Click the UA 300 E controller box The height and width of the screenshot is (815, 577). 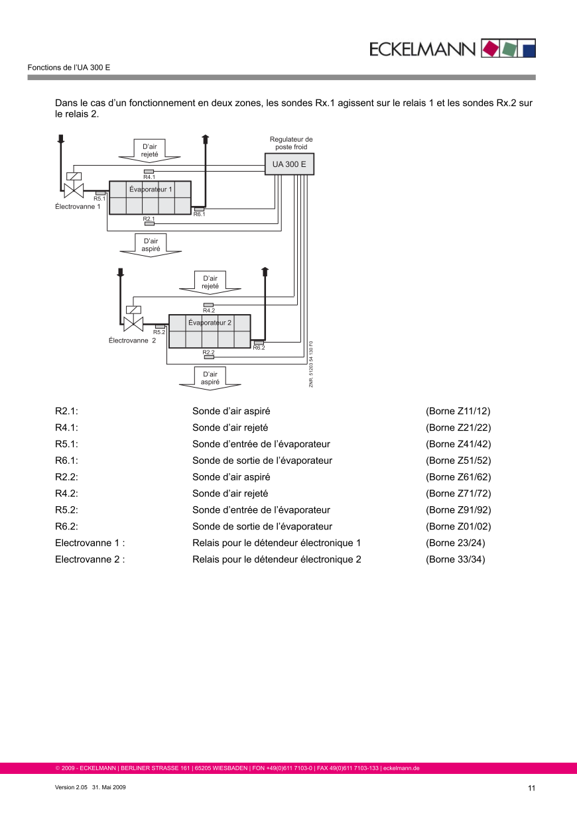point(289,164)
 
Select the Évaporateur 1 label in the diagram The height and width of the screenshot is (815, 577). point(151,190)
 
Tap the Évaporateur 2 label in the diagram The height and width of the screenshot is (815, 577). point(210,323)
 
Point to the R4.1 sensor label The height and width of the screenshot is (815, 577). point(149,177)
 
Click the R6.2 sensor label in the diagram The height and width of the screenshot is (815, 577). point(259,348)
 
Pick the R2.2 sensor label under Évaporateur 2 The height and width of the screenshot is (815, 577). point(208,353)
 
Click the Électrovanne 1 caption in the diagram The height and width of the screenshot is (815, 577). point(78,207)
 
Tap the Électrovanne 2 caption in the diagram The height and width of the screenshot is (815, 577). point(132,341)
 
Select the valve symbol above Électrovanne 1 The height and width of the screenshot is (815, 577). point(72,190)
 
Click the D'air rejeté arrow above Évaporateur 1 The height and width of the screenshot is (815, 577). point(149,150)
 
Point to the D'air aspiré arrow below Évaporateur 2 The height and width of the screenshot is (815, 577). point(210,378)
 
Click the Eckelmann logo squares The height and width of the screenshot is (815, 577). point(508,48)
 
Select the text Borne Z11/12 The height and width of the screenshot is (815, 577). point(458,411)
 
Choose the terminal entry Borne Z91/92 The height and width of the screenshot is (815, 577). point(458,510)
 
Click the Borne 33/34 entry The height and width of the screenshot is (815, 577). point(456,559)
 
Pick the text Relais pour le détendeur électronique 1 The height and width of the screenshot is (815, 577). point(277,543)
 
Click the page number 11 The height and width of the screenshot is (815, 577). point(531,788)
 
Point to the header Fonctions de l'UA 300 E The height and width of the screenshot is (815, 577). point(69,68)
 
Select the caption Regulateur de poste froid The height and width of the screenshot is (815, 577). point(291,143)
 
